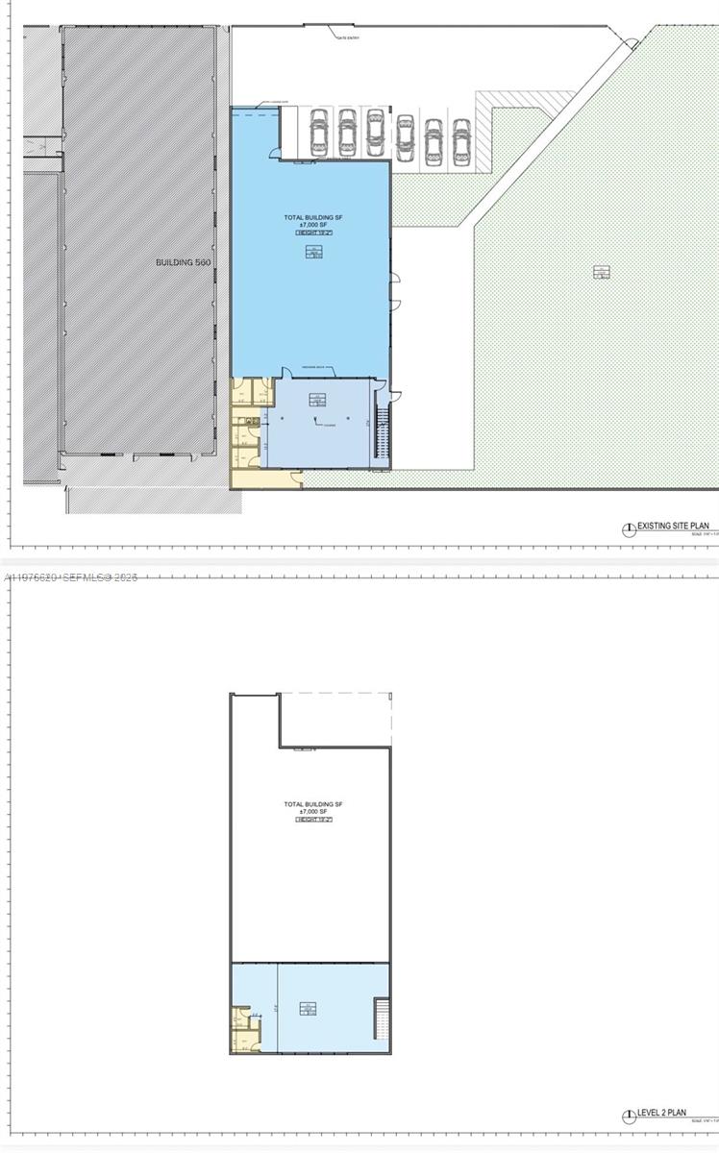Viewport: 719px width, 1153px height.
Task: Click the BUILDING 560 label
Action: pyautogui.click(x=183, y=261)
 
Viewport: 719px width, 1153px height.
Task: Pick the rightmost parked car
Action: pyautogui.click(x=461, y=141)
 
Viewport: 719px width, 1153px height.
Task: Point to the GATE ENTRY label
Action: pyautogui.click(x=347, y=37)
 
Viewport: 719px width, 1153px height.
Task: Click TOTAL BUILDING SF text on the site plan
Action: pyautogui.click(x=313, y=218)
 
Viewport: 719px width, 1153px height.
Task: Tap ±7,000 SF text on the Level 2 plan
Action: pyautogui.click(x=313, y=812)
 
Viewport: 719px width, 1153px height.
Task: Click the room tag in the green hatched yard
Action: pyautogui.click(x=601, y=272)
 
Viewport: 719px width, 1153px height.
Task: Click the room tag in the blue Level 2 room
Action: pyautogui.click(x=308, y=1008)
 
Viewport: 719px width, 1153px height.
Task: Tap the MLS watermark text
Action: pyautogui.click(x=71, y=577)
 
